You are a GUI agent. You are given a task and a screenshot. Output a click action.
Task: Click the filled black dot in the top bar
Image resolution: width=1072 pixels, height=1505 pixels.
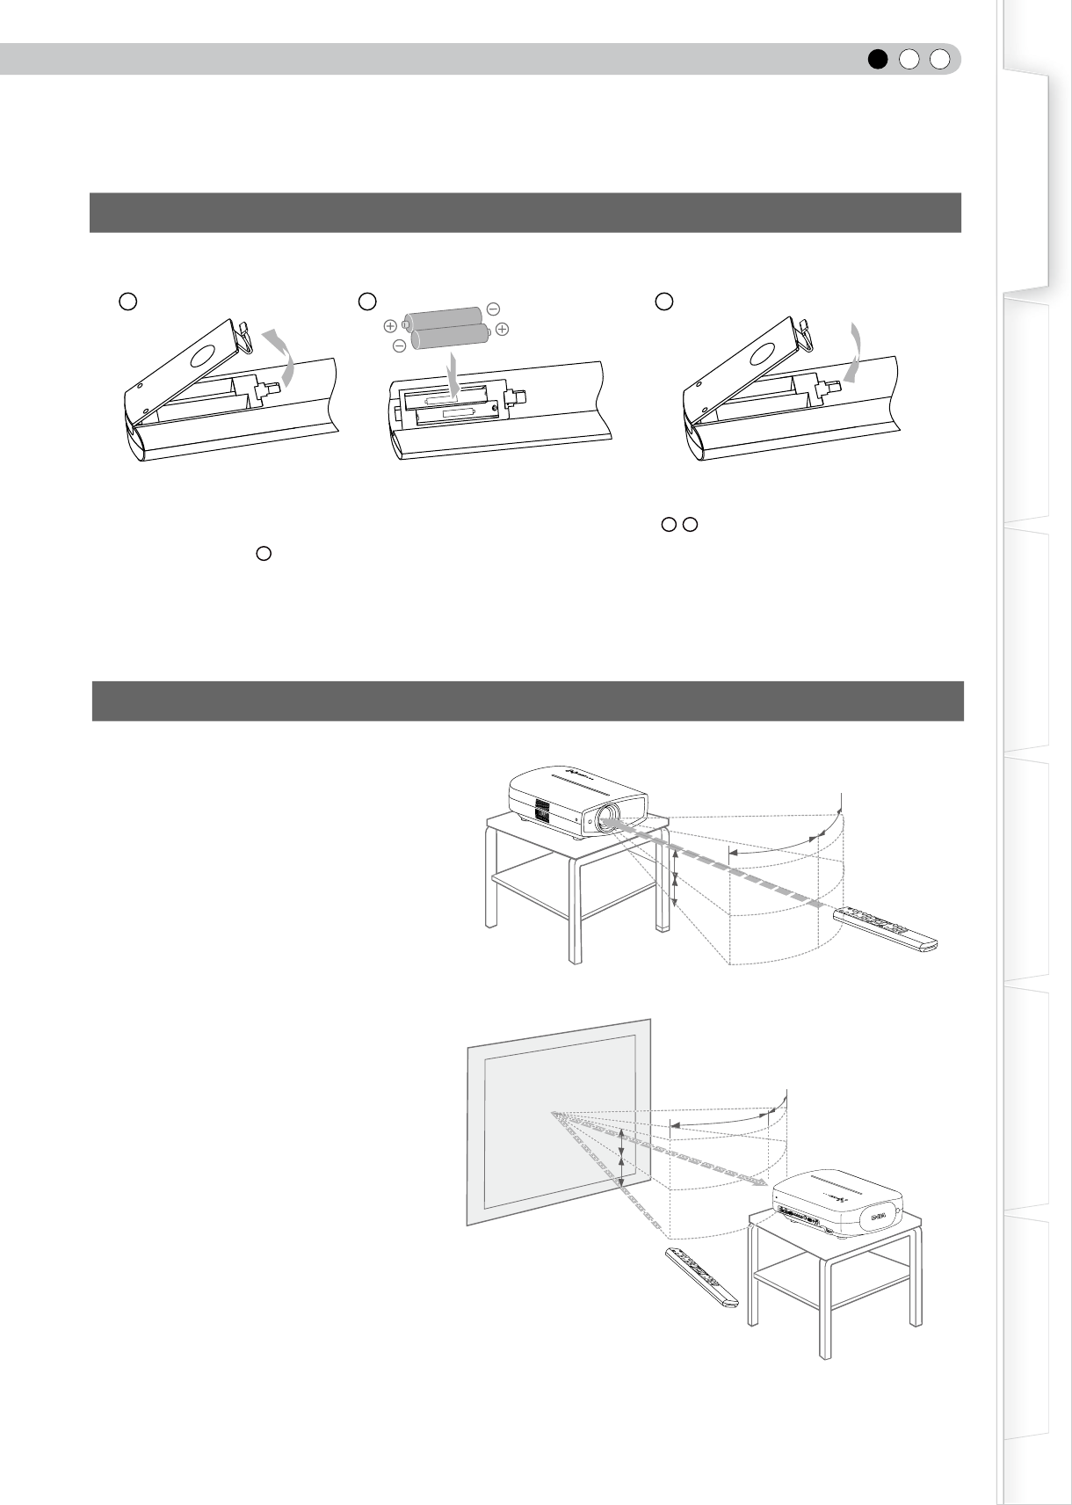878,59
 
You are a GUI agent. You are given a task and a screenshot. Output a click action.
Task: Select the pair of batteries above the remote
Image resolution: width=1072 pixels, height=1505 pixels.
448,326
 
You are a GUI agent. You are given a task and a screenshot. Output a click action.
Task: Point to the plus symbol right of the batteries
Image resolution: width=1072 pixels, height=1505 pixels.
502,329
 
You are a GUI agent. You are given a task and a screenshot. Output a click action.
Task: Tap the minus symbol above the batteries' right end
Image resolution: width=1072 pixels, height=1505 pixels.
493,309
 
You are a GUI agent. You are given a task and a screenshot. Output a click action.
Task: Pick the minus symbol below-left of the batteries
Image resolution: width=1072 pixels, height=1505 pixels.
399,345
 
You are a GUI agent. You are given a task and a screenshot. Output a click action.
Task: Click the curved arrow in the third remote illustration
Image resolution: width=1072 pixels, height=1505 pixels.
851,351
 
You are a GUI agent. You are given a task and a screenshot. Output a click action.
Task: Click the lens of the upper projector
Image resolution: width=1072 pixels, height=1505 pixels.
606,819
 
